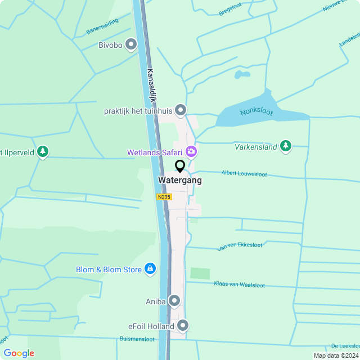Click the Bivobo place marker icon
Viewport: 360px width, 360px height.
[x=132, y=44]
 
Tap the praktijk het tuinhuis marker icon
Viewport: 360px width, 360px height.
[x=181, y=110]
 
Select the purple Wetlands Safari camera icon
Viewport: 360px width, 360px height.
[x=191, y=152]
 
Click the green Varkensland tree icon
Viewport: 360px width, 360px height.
[x=286, y=146]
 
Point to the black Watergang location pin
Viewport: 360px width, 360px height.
[x=180, y=166]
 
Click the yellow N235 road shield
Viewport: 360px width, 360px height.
[x=164, y=197]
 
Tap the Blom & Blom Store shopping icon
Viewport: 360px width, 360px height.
[x=150, y=269]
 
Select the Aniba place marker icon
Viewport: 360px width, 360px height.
[x=174, y=301]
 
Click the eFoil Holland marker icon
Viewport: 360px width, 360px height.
[x=183, y=326]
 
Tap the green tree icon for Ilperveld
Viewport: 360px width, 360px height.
[x=42, y=152]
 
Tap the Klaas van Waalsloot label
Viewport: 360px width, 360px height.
[x=239, y=285]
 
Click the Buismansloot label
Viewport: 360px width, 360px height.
[x=137, y=339]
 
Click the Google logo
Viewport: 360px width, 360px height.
[x=19, y=353]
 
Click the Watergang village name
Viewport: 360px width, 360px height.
[x=180, y=181]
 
